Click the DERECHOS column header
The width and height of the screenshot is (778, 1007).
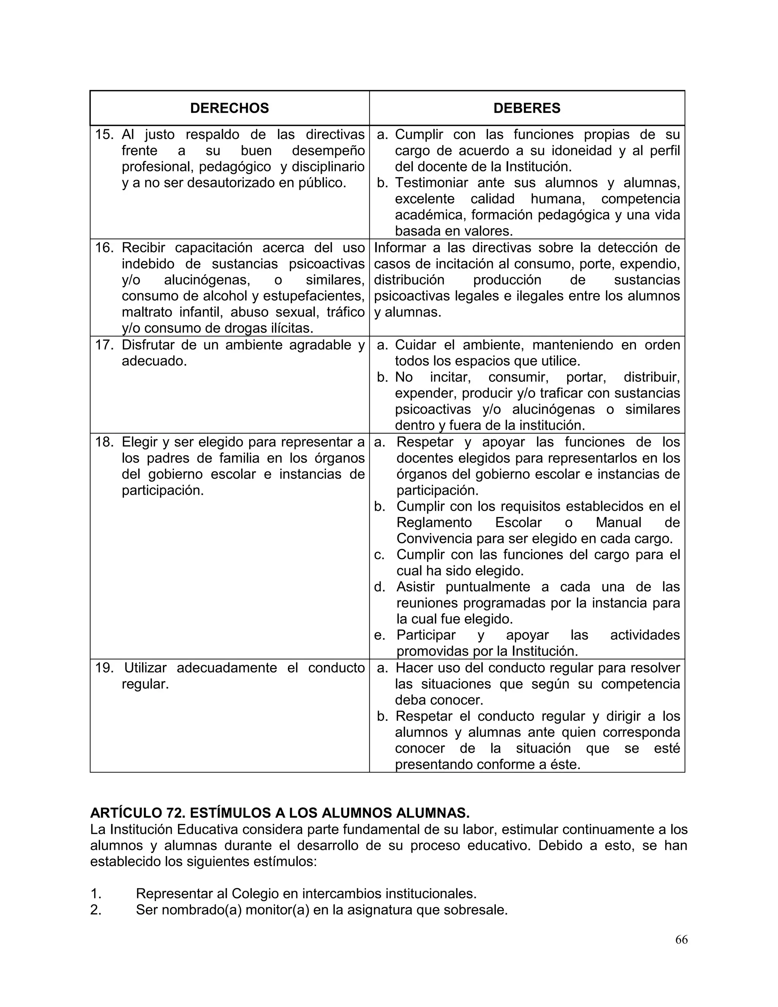tap(229, 108)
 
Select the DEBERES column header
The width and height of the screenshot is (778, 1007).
tap(527, 108)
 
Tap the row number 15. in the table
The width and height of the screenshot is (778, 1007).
tap(104, 135)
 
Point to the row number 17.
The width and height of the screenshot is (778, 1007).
tap(104, 345)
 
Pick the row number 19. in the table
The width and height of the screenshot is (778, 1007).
tap(104, 668)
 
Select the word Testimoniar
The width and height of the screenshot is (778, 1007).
tap(432, 183)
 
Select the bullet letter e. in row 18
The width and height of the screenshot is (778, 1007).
tap(380, 635)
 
